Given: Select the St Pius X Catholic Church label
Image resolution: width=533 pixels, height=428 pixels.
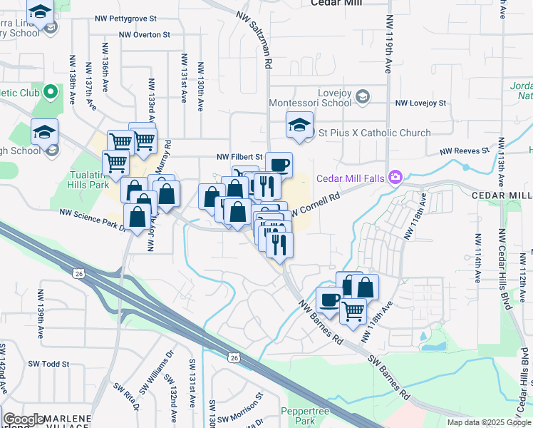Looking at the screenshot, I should (374, 133).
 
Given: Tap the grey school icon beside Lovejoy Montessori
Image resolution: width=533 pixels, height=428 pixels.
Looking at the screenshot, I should (363, 96).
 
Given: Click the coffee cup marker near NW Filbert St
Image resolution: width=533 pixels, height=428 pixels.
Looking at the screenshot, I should (279, 165).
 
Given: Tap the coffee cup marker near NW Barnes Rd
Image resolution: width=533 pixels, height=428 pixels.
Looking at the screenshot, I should (329, 300).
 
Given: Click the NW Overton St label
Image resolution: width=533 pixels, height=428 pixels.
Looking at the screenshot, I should (145, 34).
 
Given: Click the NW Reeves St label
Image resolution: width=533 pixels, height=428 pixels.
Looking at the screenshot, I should (464, 151).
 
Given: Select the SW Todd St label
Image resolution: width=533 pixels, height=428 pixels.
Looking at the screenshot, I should (48, 364).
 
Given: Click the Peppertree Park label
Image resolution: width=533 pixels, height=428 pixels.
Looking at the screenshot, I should (308, 416).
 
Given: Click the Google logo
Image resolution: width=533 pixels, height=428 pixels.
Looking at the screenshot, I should (23, 419).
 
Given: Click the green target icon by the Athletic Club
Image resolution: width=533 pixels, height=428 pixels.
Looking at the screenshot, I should (50, 93).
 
